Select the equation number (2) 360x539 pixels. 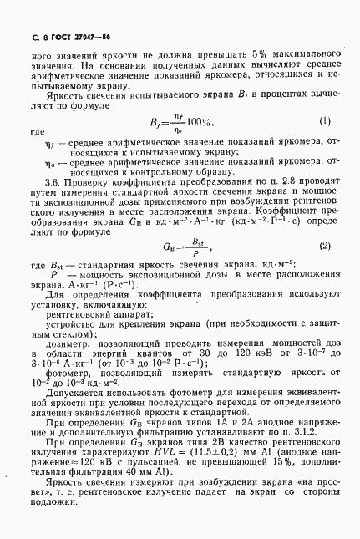(x=325, y=245)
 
